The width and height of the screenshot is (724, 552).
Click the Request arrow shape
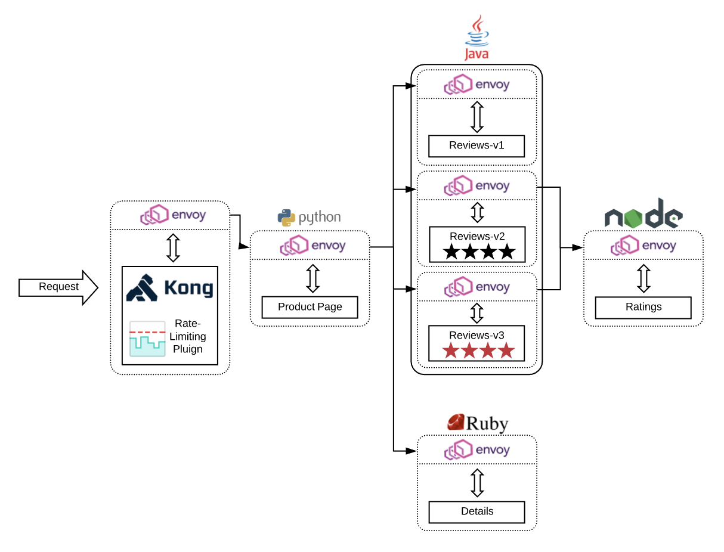pyautogui.click(x=58, y=287)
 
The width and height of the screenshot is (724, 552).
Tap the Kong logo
pyautogui.click(x=170, y=288)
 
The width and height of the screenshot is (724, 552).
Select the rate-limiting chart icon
pyautogui.click(x=147, y=339)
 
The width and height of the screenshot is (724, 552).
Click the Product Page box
pyautogui.click(x=310, y=307)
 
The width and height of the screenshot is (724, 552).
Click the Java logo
pyautogui.click(x=477, y=39)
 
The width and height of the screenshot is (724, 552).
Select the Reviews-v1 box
pyautogui.click(x=476, y=146)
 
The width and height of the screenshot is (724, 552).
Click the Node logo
pyautogui.click(x=643, y=213)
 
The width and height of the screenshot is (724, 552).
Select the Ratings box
pyautogui.click(x=643, y=308)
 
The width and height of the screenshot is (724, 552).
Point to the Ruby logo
pyautogui.click(x=477, y=423)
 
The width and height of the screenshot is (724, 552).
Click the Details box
pyautogui.click(x=477, y=511)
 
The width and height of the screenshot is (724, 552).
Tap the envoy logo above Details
pyautogui.click(x=477, y=450)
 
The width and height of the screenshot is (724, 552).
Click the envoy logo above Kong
pyautogui.click(x=172, y=215)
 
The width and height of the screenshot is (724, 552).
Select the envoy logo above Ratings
pyautogui.click(x=643, y=246)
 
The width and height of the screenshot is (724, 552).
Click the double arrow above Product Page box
pyautogui.click(x=313, y=278)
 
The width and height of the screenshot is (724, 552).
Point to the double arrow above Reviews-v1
pyautogui.click(x=477, y=116)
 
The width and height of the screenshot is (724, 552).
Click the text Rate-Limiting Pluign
pyautogui.click(x=188, y=336)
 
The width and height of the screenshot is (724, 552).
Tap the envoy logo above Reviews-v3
pyautogui.click(x=477, y=287)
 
